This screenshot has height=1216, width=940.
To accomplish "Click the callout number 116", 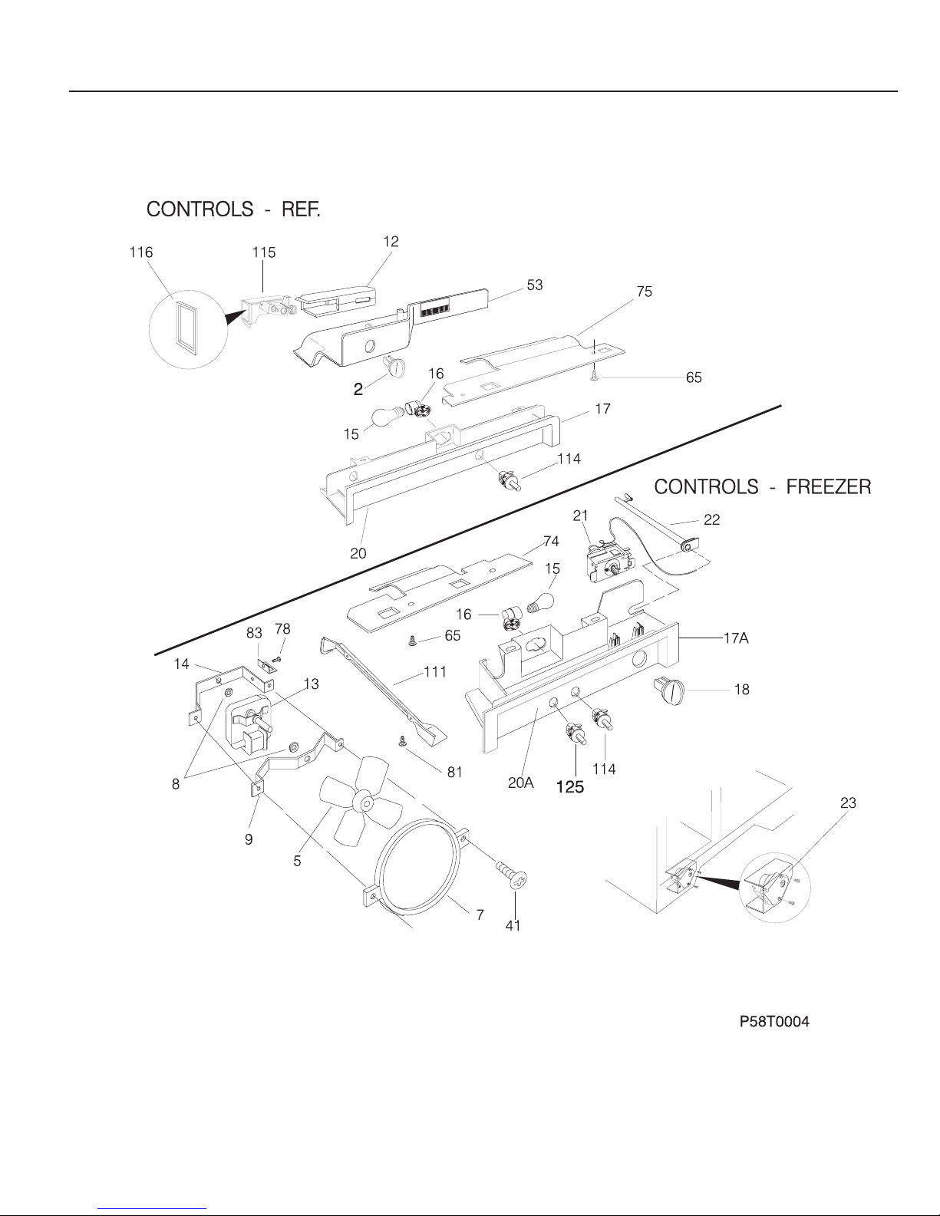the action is (141, 252).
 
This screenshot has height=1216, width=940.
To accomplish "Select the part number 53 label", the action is (535, 285).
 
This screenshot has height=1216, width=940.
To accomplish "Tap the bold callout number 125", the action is (570, 787).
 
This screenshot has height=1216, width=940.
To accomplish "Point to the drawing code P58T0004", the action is (774, 1021).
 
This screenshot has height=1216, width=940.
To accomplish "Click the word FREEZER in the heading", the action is (829, 487).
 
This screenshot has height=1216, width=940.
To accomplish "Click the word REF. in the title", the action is (301, 209).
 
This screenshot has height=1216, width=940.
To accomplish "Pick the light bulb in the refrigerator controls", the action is (389, 417).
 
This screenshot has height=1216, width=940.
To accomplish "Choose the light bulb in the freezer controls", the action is (541, 602).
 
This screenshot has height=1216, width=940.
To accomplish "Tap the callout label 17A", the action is (736, 638).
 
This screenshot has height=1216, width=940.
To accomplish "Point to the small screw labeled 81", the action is (402, 741).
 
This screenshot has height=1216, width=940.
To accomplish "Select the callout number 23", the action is (848, 803).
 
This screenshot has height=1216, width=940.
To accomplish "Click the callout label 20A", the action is (520, 783).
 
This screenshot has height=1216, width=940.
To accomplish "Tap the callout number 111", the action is (435, 671).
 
